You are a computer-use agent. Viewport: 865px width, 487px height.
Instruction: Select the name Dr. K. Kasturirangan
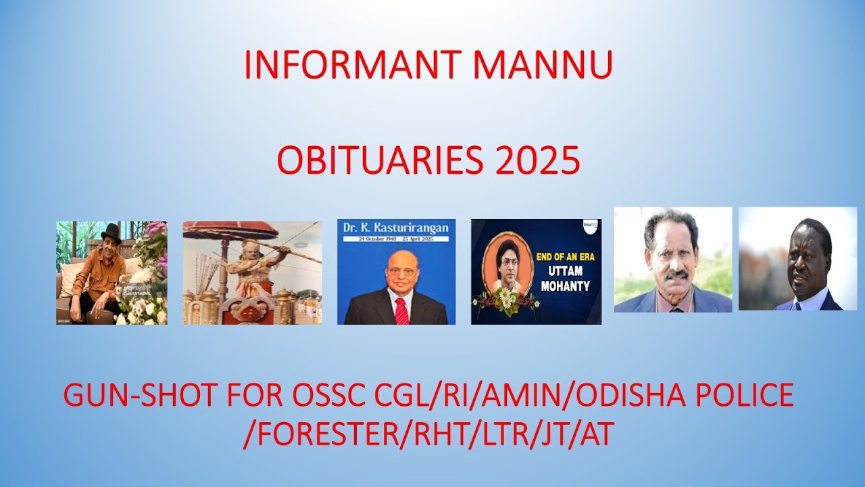pyautogui.click(x=396, y=229)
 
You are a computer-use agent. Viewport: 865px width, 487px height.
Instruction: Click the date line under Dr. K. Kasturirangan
pyautogui.click(x=396, y=239)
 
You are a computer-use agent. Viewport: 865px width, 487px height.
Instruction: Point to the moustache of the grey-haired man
pyautogui.click(x=674, y=274)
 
